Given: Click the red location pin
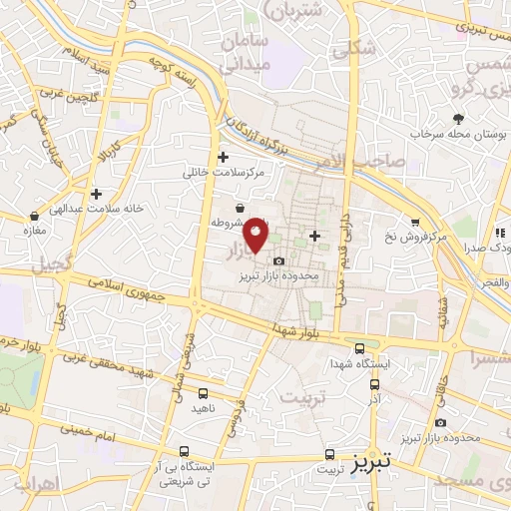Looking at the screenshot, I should tap(256, 234).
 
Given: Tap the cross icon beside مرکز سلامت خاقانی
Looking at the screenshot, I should tap(223, 157).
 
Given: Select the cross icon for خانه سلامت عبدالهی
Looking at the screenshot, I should tap(96, 194).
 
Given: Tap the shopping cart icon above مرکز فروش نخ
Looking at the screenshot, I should tap(415, 222).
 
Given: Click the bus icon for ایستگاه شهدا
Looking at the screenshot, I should tap(359, 348).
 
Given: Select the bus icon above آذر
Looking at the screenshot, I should tap(374, 383).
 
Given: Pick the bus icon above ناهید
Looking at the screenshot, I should tap(203, 393).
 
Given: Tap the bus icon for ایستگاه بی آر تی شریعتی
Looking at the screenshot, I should tap(184, 451).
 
